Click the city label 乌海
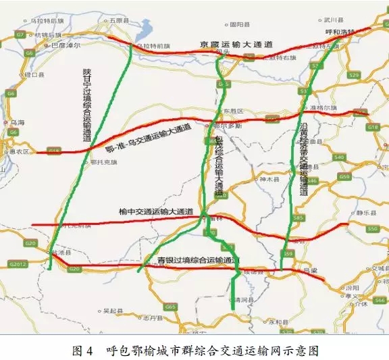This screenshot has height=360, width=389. point(18,122)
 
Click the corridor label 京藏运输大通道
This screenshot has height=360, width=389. point(236,44)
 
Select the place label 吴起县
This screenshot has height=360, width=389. point(112,311)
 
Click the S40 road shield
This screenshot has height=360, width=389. point(339,157)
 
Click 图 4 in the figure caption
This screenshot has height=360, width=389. point(82,351)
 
